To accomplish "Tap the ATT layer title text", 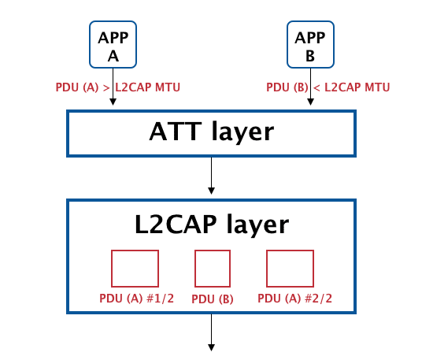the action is click(212, 132).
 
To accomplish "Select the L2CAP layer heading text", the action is click(212, 224).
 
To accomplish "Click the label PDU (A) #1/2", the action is click(137, 299).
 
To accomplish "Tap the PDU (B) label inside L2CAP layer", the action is click(213, 299).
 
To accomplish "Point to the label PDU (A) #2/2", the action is click(295, 299).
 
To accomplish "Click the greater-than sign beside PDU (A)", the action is click(106, 87).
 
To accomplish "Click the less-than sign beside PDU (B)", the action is click(316, 87).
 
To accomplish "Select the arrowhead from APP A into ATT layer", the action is click(113, 102).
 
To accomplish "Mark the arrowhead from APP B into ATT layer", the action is click(310, 102).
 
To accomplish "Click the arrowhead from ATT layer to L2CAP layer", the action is click(212, 191).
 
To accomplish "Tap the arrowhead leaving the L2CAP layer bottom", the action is click(212, 347).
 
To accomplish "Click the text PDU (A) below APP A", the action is click(77, 87).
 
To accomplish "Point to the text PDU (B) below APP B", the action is click(287, 87).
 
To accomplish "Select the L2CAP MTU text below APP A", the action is click(148, 87).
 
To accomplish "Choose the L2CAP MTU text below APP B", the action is click(357, 87).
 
